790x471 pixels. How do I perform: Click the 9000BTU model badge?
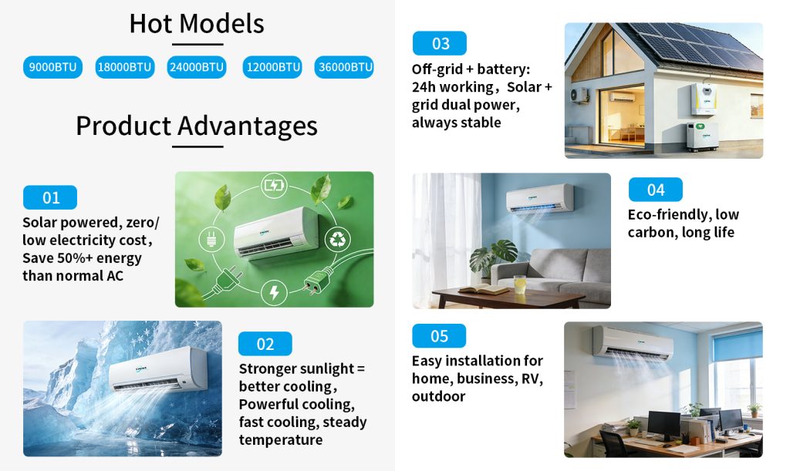pyautogui.click(x=52, y=67)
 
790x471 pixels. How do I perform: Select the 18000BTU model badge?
pyautogui.click(x=124, y=67)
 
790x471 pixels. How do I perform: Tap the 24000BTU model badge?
pyautogui.click(x=197, y=67)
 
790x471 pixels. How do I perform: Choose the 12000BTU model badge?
pyautogui.click(x=272, y=67)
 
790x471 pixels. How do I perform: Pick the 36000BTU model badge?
pyautogui.click(x=345, y=67)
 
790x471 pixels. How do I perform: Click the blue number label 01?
pyautogui.click(x=50, y=197)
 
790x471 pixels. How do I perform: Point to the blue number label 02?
pyautogui.click(x=265, y=344)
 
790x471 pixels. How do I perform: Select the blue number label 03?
pyautogui.click(x=440, y=43)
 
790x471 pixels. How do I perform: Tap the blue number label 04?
pyautogui.click(x=656, y=190)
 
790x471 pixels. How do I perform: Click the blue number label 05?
pyautogui.click(x=439, y=335)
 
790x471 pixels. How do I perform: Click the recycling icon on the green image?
pyautogui.click(x=337, y=240)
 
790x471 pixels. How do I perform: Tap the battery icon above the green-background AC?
pyautogui.click(x=274, y=185)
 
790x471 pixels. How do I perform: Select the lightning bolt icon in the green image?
pyautogui.click(x=274, y=292)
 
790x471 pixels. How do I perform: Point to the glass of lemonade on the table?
pyautogui.click(x=519, y=284)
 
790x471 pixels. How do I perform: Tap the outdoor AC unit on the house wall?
pyautogui.click(x=579, y=95)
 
